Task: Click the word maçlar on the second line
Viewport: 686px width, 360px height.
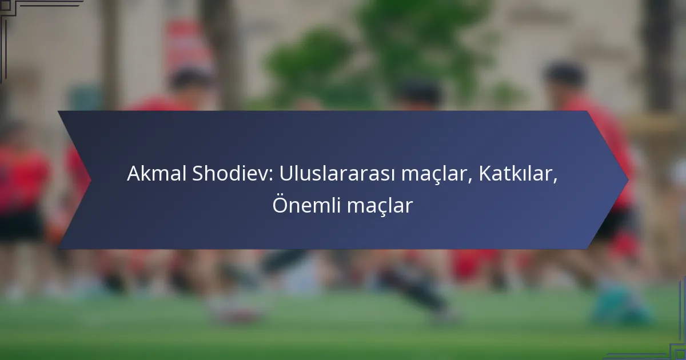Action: click(380, 206)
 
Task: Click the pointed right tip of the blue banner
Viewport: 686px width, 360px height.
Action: click(628, 180)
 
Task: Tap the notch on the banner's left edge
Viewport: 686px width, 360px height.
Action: click(90, 180)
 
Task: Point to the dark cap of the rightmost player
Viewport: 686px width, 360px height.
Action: click(565, 73)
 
